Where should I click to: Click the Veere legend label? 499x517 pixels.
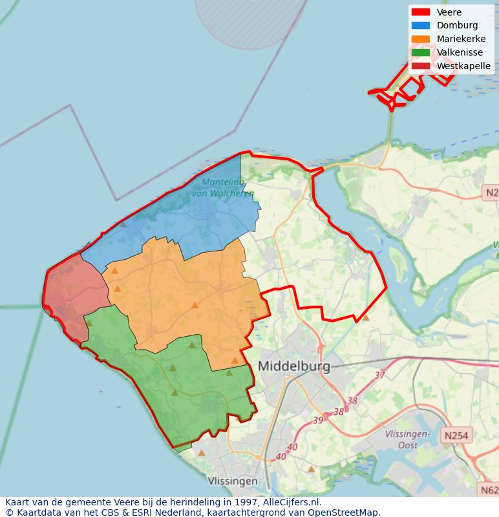449,12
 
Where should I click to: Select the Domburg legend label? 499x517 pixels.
457,26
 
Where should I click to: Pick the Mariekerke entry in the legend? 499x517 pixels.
461,39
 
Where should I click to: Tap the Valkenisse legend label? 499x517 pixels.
460,53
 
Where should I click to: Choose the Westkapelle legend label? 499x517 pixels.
463,66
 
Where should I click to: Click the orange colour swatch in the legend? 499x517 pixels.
421,39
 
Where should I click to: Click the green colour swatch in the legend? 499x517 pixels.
421,53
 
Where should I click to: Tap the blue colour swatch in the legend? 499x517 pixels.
421,26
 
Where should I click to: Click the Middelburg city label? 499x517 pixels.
294,366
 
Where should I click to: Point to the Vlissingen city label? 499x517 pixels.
233,481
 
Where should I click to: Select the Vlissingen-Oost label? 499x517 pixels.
407,439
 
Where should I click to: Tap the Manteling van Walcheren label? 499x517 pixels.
223,188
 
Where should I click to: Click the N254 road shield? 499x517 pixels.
458,436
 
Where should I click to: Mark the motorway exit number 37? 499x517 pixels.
379,375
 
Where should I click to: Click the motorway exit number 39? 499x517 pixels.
318,420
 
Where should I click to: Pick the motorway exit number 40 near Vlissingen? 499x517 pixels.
281,457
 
